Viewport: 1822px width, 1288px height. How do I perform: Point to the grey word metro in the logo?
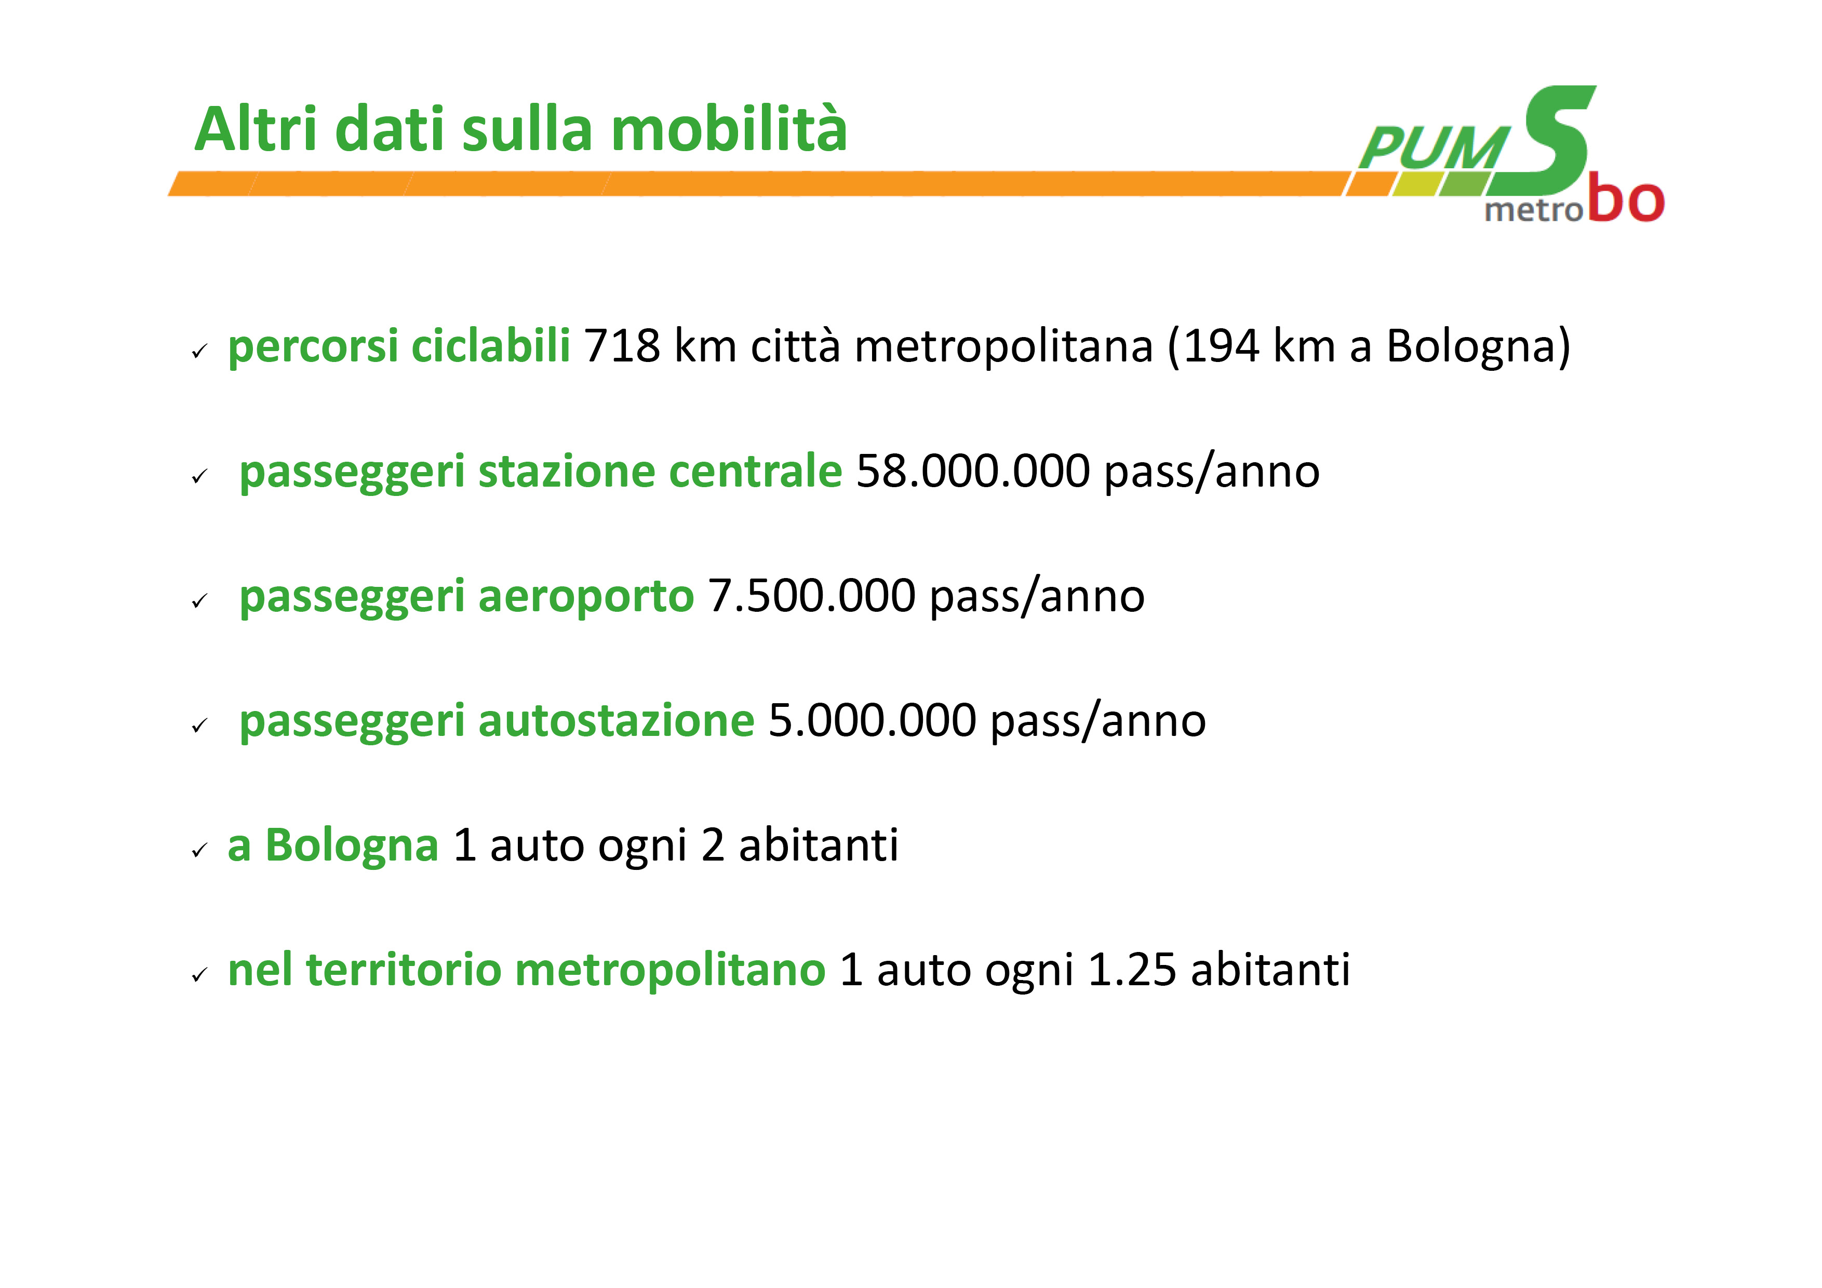pyautogui.click(x=1534, y=210)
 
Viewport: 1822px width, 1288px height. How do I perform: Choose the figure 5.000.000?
pyautogui.click(x=872, y=720)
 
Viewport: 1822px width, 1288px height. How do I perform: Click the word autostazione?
pyautogui.click(x=616, y=720)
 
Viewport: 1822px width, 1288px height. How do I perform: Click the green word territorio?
pyautogui.click(x=404, y=970)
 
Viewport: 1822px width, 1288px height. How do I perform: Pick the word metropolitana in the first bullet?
pyautogui.click(x=1004, y=347)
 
